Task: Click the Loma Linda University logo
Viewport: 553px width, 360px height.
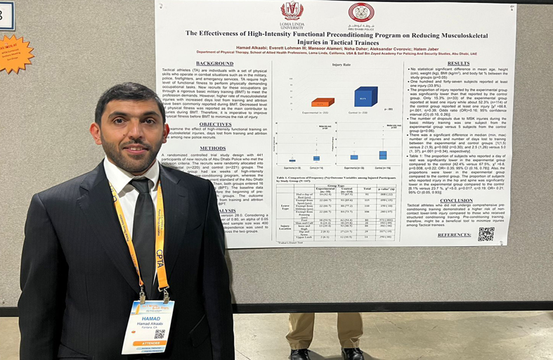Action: point(292,12)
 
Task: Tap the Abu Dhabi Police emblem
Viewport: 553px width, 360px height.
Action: point(361,13)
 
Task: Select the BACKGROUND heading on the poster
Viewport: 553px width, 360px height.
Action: point(214,63)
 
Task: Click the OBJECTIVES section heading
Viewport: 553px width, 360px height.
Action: point(215,124)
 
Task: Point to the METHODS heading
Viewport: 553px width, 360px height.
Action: point(212,148)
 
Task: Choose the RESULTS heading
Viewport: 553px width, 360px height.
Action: point(458,63)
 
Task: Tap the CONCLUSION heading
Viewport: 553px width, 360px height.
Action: point(456,200)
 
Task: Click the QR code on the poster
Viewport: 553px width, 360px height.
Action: point(486,234)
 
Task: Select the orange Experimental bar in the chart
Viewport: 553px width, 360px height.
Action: point(323,103)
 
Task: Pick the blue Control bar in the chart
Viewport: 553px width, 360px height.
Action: point(365,96)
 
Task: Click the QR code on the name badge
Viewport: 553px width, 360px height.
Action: point(159,335)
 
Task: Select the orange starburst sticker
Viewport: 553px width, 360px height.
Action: point(13,53)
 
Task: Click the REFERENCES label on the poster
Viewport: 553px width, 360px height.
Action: point(454,235)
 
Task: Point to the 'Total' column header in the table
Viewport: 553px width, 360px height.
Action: point(366,189)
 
